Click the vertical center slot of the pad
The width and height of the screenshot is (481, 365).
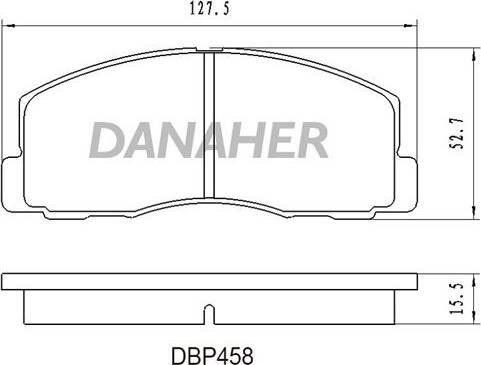[x=209, y=125]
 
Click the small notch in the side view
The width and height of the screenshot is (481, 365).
[x=208, y=313]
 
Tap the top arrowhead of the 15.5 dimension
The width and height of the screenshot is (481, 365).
[x=473, y=273]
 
